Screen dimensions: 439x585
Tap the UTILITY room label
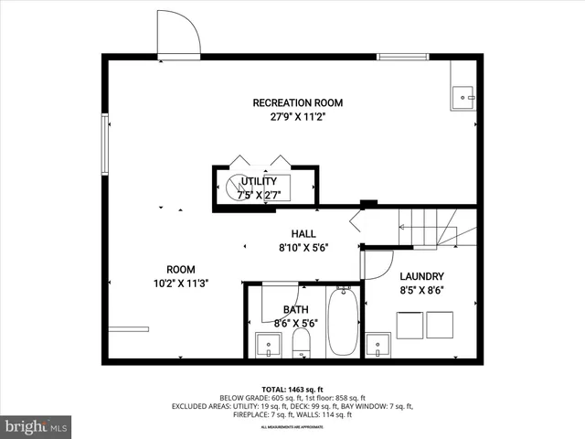(258, 182)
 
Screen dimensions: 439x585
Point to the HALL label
(303, 233)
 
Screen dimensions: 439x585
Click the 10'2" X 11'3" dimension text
(180, 284)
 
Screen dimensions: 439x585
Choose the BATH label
(296, 310)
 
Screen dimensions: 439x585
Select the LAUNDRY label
(422, 276)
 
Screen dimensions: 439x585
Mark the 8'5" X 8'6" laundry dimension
(422, 291)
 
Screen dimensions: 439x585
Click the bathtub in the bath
(344, 322)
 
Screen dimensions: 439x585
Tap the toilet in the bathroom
(302, 345)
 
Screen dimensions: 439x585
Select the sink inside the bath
(268, 346)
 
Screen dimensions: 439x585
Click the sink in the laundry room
(379, 346)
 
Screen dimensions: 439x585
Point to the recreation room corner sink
(463, 95)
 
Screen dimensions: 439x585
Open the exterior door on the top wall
(178, 35)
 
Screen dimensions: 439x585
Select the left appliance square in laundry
(409, 325)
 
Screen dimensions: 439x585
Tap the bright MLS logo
(36, 426)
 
